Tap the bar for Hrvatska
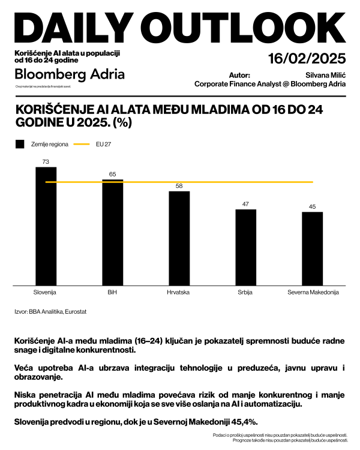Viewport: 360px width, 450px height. [179, 238]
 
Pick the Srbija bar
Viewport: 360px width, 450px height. [245, 247]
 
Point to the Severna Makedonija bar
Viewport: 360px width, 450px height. [312, 249]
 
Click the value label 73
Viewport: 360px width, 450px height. [46, 162]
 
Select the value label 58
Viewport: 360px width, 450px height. [179, 187]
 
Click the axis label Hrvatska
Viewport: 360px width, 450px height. [179, 293]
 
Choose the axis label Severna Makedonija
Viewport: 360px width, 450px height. [312, 293]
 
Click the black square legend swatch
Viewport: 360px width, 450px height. [20, 145]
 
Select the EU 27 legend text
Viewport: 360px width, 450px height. [104, 145]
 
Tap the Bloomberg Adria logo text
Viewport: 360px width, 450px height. [70, 74]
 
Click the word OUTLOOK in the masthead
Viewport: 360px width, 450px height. [247, 27]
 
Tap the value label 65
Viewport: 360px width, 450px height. [112, 174]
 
